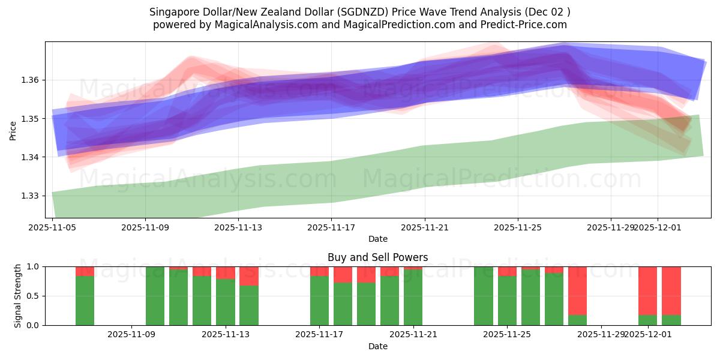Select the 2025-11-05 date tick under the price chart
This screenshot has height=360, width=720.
pyautogui.click(x=52, y=227)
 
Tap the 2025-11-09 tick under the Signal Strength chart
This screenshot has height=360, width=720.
pyautogui.click(x=131, y=335)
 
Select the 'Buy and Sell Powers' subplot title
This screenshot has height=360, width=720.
pyautogui.click(x=377, y=257)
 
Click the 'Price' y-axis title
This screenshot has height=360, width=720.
pyautogui.click(x=13, y=130)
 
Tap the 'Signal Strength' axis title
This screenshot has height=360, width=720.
pyautogui.click(x=18, y=296)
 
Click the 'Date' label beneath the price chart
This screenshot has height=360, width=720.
pyautogui.click(x=377, y=239)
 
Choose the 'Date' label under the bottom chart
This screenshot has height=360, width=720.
pyautogui.click(x=377, y=346)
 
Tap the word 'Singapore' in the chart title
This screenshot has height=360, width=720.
pyautogui.click(x=173, y=12)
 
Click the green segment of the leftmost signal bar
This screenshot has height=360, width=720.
pyautogui.click(x=85, y=300)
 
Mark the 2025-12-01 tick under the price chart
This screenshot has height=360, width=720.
pyautogui.click(x=658, y=227)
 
